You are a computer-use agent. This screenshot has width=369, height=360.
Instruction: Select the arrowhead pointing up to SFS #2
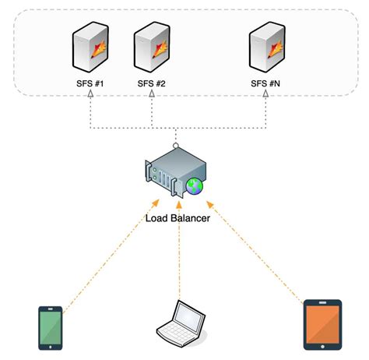point(153,94)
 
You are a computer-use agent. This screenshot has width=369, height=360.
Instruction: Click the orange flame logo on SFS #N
point(274,51)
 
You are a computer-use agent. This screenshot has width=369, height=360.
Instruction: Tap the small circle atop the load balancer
point(177,146)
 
